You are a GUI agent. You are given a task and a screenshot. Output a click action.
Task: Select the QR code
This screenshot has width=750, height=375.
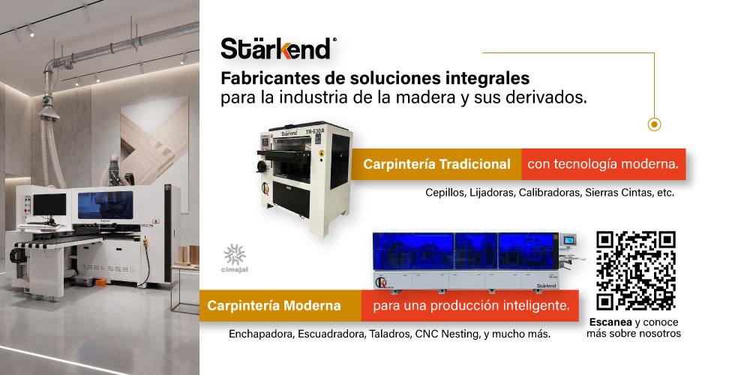(x=636, y=271)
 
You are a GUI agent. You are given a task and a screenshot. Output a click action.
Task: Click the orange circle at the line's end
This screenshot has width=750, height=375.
(x=654, y=124)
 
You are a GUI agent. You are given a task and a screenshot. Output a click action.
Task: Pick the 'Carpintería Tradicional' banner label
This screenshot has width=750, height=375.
(x=436, y=164)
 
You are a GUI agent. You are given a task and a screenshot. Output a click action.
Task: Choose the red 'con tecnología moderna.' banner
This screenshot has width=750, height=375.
(x=603, y=164)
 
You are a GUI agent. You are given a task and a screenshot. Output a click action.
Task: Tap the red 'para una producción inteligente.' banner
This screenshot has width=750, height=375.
(x=471, y=305)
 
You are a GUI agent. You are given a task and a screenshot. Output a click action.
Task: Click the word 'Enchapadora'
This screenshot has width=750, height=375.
(x=261, y=334)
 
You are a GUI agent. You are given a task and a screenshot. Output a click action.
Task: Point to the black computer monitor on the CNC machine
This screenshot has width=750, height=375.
(x=49, y=205)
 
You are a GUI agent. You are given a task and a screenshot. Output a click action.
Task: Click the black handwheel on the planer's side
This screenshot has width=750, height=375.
(x=262, y=166)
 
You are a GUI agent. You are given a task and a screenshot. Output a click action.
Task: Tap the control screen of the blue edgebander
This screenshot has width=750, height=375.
(x=568, y=240)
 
